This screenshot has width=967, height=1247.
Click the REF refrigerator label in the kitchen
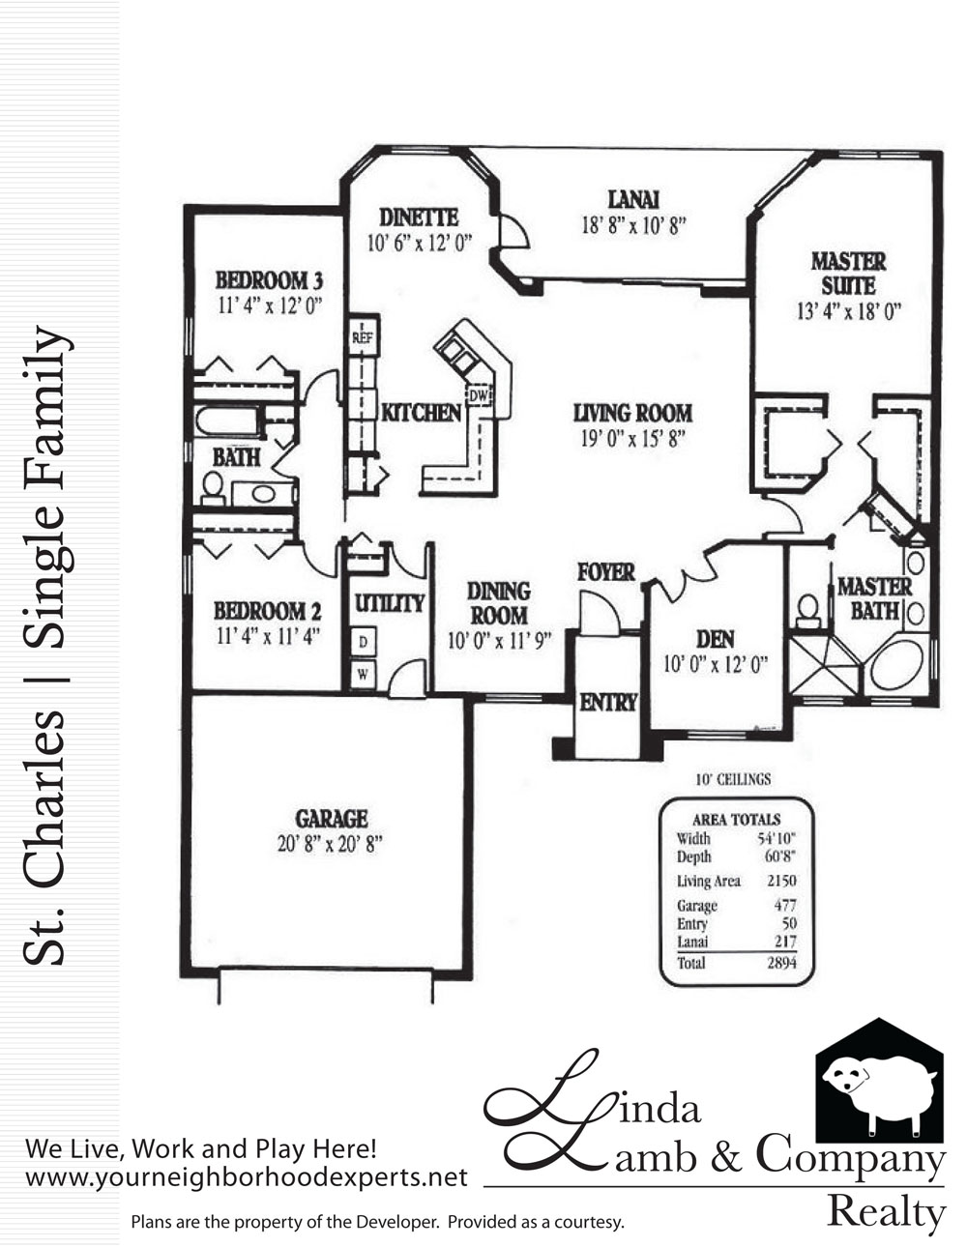pyautogui.click(x=362, y=337)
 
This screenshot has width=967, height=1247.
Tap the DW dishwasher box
pyautogui.click(x=479, y=395)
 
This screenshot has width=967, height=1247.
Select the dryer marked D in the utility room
pyautogui.click(x=363, y=642)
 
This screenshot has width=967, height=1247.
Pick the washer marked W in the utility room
pyautogui.click(x=363, y=675)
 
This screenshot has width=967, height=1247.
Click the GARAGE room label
pyautogui.click(x=331, y=819)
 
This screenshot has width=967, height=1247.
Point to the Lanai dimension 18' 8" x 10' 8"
pyautogui.click(x=633, y=225)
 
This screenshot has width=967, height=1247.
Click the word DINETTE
pyautogui.click(x=419, y=217)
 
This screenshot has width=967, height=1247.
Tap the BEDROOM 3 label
pyautogui.click(x=269, y=280)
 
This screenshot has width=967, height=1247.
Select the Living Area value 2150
pyautogui.click(x=781, y=881)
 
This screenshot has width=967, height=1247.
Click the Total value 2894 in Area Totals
pyautogui.click(x=781, y=963)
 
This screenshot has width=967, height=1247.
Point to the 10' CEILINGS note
pyautogui.click(x=733, y=779)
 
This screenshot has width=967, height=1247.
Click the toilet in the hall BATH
pyautogui.click(x=213, y=488)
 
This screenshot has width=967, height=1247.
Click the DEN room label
pyautogui.click(x=715, y=639)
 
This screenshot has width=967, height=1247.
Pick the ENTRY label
pyautogui.click(x=608, y=702)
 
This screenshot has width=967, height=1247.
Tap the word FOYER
pyautogui.click(x=606, y=572)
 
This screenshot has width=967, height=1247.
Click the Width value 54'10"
pyautogui.click(x=777, y=838)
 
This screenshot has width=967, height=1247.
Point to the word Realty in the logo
pyautogui.click(x=886, y=1212)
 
